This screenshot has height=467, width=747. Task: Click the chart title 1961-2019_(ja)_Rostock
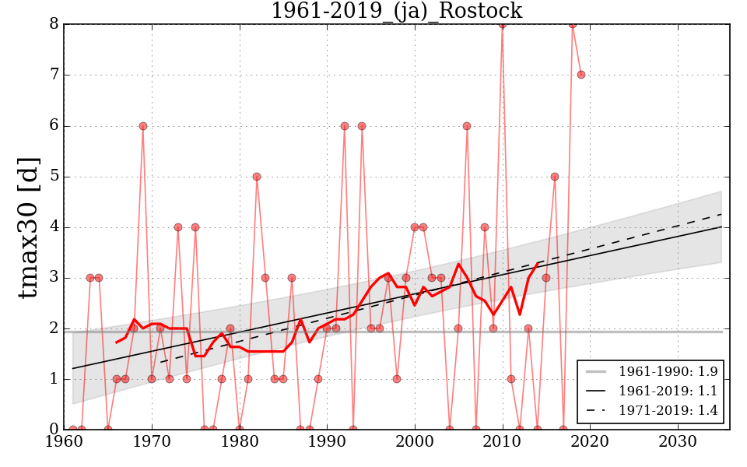[x=396, y=11]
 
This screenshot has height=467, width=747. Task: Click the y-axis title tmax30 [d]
[x=29, y=226]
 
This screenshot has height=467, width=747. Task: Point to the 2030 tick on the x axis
[x=677, y=444]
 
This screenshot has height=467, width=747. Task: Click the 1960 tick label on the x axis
[x=65, y=444]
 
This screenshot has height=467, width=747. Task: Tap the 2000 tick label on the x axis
[x=414, y=444]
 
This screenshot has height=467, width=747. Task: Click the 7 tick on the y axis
[x=54, y=75]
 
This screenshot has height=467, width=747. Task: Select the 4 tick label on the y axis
[x=54, y=227]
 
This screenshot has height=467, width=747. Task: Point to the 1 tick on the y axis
[x=54, y=379]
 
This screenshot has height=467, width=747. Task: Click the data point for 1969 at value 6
[x=143, y=126]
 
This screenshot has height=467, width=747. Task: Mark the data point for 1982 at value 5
[x=257, y=177]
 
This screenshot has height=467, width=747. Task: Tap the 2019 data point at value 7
[x=580, y=75]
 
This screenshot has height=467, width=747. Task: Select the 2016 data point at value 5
[x=555, y=177]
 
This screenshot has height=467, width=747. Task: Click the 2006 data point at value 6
[x=467, y=126]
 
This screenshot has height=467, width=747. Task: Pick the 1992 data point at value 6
[x=344, y=126]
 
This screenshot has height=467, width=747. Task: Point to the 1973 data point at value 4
[x=178, y=227]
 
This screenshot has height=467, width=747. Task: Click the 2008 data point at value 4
[x=485, y=227]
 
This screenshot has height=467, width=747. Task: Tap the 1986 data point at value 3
[x=292, y=278]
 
